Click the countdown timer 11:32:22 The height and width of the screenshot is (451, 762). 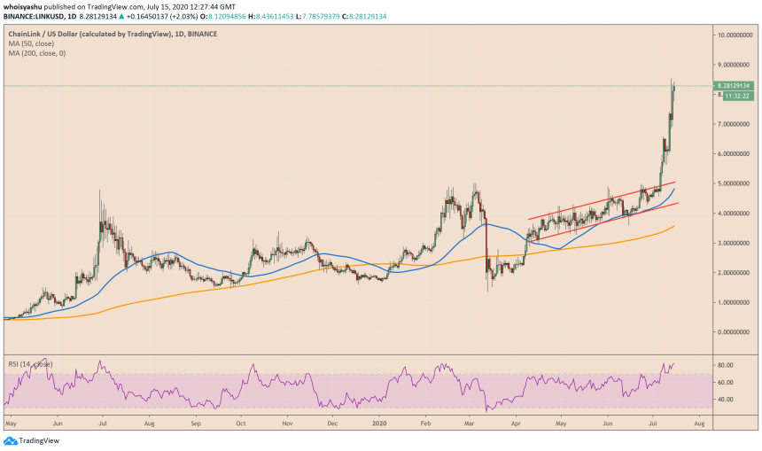point(737,96)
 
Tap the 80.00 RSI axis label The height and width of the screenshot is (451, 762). point(729,365)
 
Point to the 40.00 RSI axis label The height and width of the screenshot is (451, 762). point(729,400)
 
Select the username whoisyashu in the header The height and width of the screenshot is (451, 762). point(24,6)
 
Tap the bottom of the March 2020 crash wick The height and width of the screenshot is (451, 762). point(488,292)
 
